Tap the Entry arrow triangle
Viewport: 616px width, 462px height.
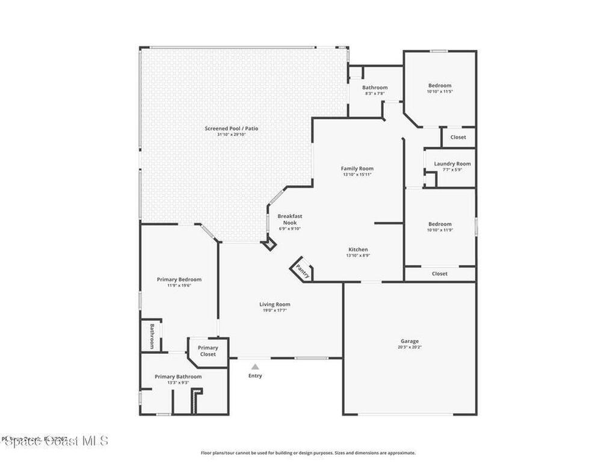[255, 366]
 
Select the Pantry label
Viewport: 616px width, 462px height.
[303, 271]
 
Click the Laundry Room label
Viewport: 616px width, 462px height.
[452, 164]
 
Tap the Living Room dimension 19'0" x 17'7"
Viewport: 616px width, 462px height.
[275, 311]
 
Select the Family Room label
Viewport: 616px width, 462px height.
[357, 168]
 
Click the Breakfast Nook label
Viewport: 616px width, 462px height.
[289, 219]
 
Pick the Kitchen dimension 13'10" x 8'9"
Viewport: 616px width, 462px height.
[358, 256]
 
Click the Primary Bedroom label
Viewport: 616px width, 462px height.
[179, 279]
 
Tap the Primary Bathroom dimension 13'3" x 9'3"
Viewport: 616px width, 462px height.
[178, 383]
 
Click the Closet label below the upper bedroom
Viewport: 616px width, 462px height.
[458, 137]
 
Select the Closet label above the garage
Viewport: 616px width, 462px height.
[440, 274]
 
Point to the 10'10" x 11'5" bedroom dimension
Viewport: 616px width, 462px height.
[440, 92]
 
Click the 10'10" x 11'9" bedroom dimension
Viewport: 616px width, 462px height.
[440, 230]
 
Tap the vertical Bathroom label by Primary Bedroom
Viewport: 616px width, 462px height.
[152, 336]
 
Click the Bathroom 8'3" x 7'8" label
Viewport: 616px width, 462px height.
[375, 88]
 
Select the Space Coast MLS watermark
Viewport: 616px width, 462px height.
[55, 441]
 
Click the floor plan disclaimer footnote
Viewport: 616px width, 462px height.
[308, 453]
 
